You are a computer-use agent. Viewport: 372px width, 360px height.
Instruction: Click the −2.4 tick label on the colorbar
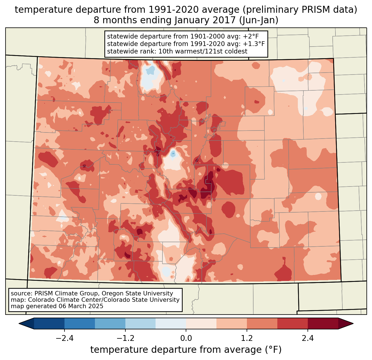[64, 338]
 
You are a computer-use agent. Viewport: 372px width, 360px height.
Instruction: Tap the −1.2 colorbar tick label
[125, 338]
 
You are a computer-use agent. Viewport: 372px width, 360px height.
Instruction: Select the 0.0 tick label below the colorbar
[186, 338]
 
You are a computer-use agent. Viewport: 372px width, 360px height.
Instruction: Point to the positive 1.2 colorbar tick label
[247, 338]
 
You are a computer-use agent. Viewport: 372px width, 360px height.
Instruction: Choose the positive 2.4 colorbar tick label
[308, 338]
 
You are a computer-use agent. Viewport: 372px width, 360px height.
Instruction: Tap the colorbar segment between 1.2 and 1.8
[262, 323]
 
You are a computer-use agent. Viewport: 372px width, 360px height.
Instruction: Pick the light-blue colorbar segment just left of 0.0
[171, 323]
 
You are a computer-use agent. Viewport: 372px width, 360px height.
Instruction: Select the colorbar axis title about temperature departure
[186, 350]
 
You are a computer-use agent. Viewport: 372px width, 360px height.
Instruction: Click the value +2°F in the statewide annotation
[251, 37]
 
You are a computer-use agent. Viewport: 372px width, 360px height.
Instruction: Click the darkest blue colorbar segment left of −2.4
[49, 323]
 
